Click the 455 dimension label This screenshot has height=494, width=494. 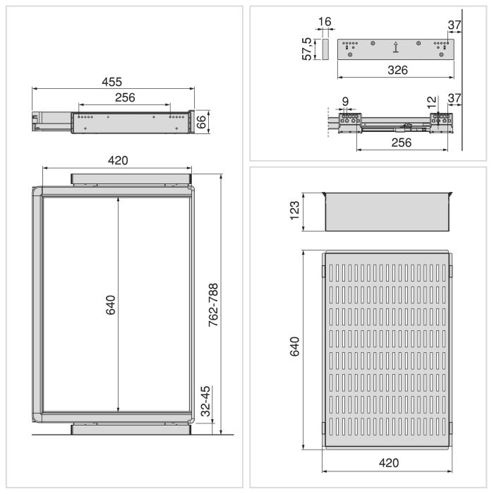point(114,81)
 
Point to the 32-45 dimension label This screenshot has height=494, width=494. point(204,401)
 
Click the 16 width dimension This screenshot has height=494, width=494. point(325,23)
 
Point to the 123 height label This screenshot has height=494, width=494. point(296,211)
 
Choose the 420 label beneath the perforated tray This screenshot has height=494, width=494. point(387,463)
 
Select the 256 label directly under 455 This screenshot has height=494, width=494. point(124,97)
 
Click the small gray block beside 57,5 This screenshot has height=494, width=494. point(325,49)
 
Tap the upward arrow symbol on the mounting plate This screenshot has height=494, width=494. point(396,48)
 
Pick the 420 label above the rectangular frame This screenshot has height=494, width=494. point(117,160)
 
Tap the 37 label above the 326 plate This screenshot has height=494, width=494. point(454,25)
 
